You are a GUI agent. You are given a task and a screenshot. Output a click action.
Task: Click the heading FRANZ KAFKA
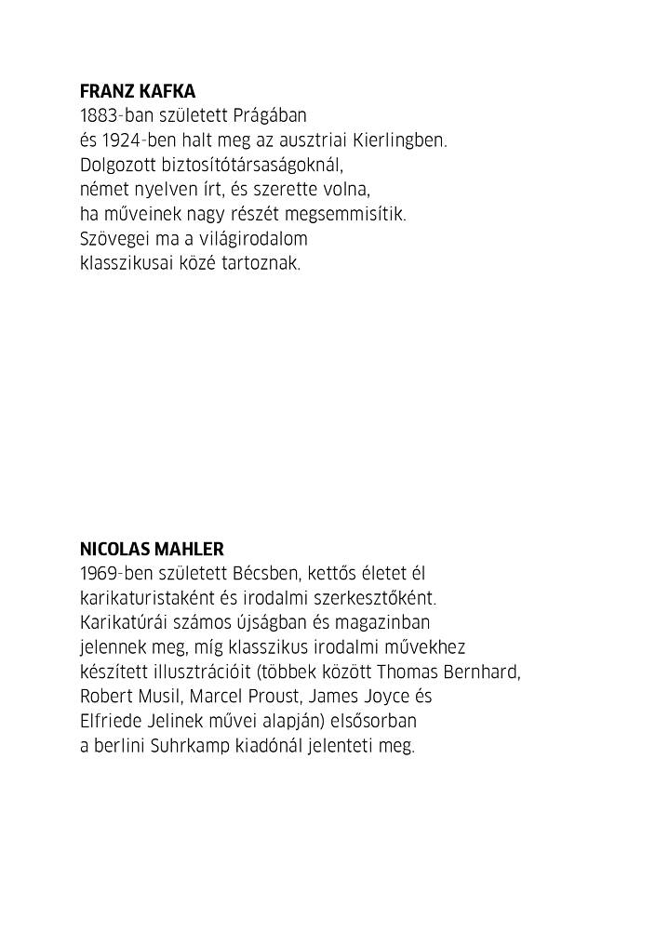tap(138, 92)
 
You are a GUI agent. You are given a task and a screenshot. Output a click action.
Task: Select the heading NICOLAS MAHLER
tap(152, 550)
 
